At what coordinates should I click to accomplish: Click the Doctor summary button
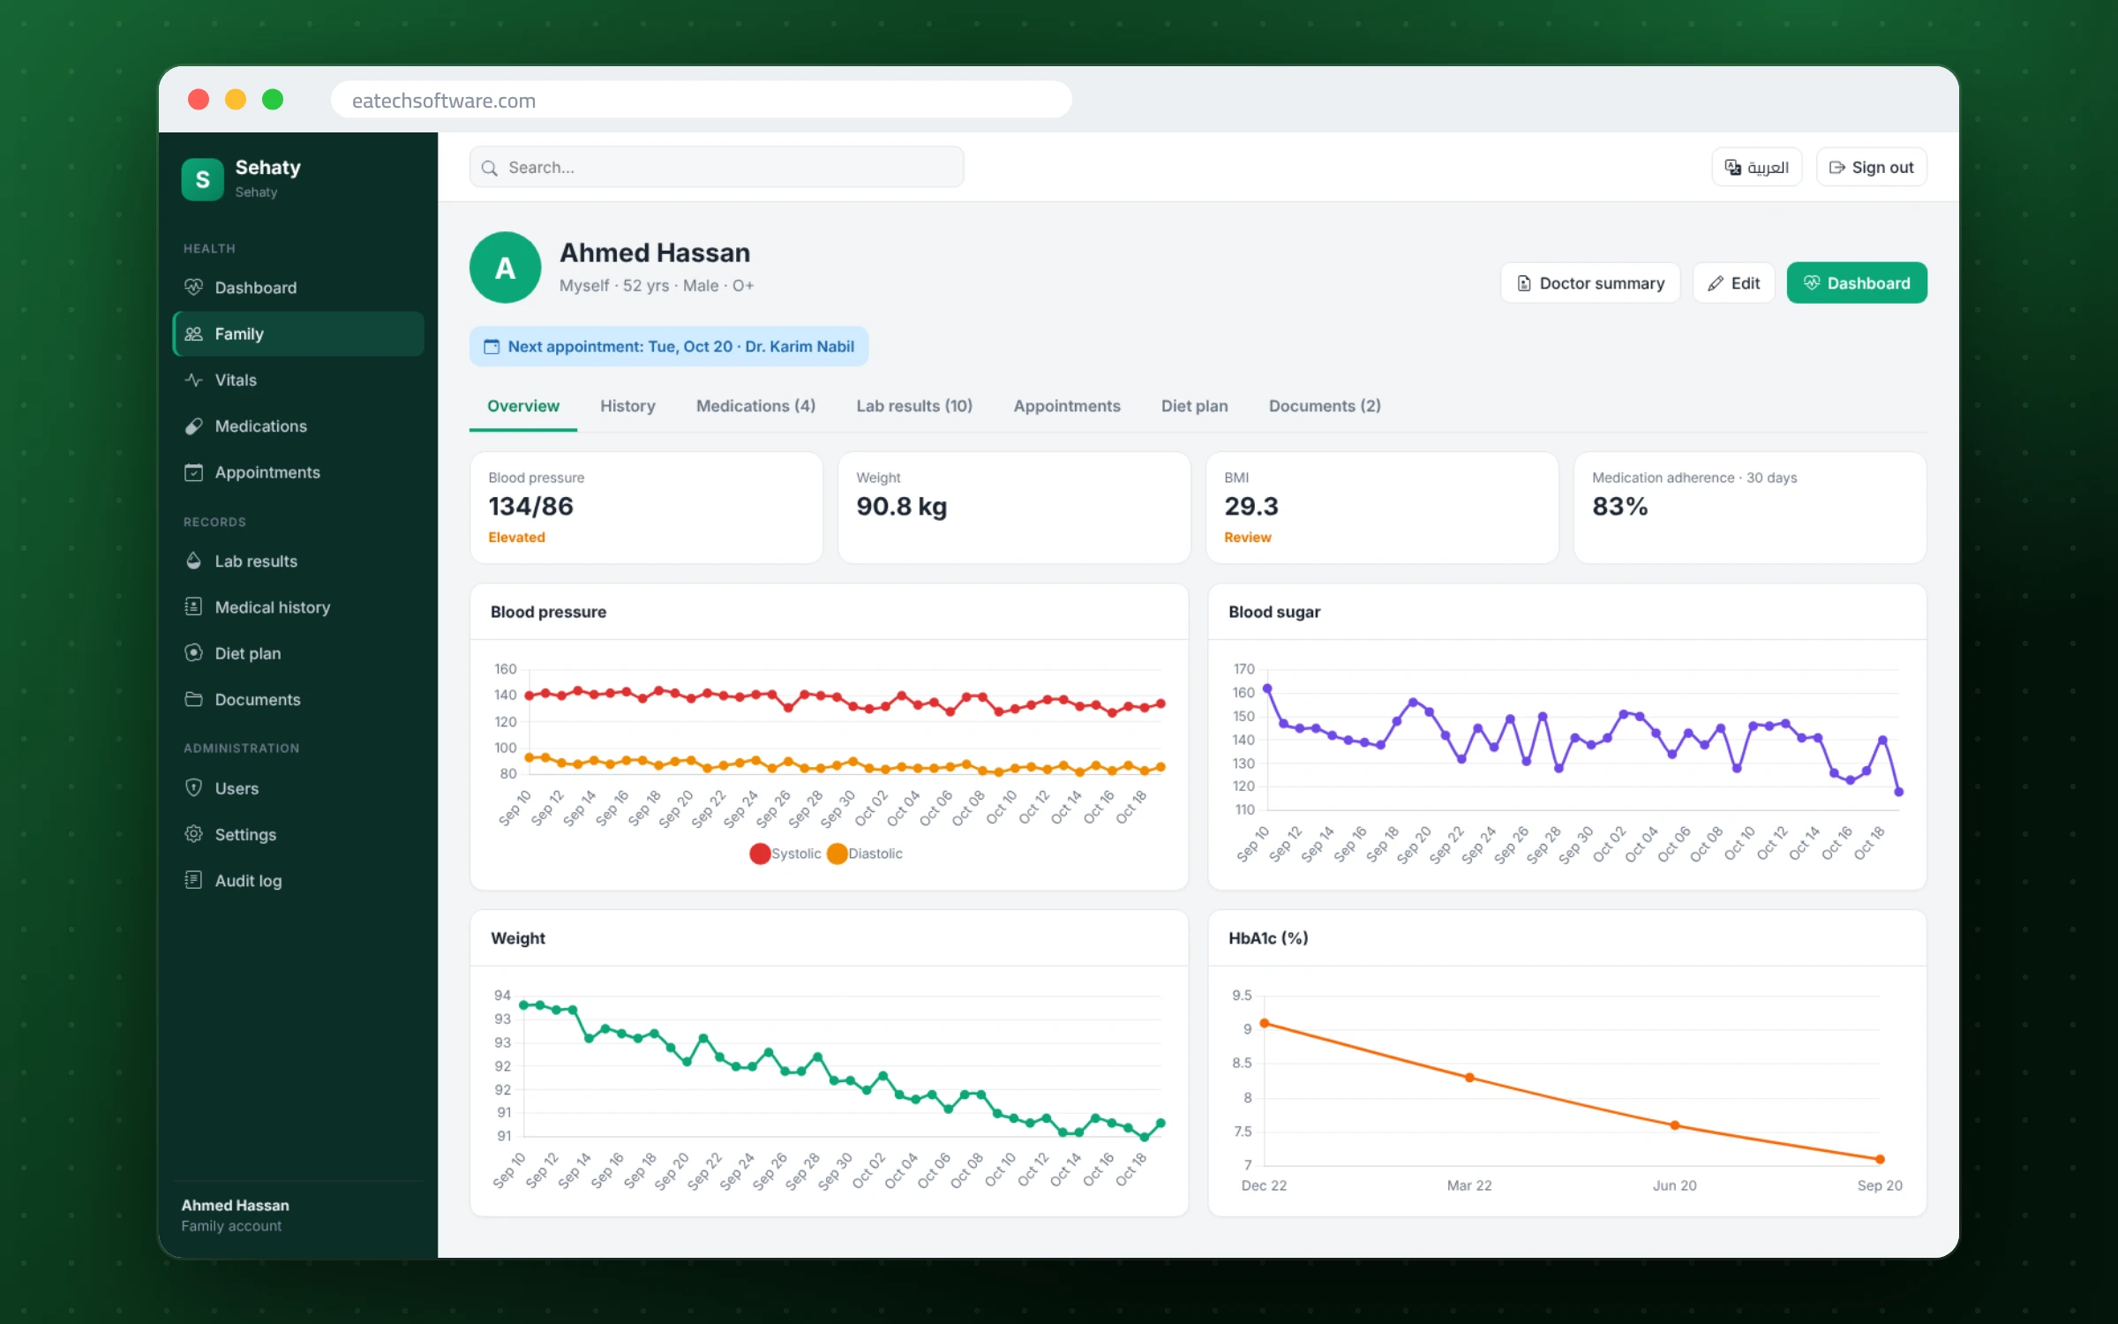[1590, 283]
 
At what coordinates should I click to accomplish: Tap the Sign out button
[1871, 167]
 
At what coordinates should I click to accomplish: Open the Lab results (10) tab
[914, 406]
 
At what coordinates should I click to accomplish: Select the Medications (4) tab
[755, 406]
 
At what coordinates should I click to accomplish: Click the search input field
[717, 167]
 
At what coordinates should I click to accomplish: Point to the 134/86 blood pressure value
[530, 506]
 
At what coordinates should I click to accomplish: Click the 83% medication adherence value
[1619, 506]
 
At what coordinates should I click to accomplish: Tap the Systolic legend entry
[785, 854]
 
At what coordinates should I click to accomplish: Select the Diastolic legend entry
[865, 854]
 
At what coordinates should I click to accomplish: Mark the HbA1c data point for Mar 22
[1469, 1078]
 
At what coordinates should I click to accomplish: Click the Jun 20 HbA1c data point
[1675, 1125]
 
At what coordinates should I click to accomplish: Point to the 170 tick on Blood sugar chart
[1244, 669]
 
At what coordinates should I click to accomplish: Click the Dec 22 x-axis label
[1264, 1185]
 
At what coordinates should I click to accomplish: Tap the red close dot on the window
[199, 100]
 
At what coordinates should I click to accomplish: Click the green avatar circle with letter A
[506, 267]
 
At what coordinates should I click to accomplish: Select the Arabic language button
[1756, 167]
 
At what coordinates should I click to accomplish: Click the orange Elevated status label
[516, 538]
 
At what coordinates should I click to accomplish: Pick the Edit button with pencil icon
[1733, 283]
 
